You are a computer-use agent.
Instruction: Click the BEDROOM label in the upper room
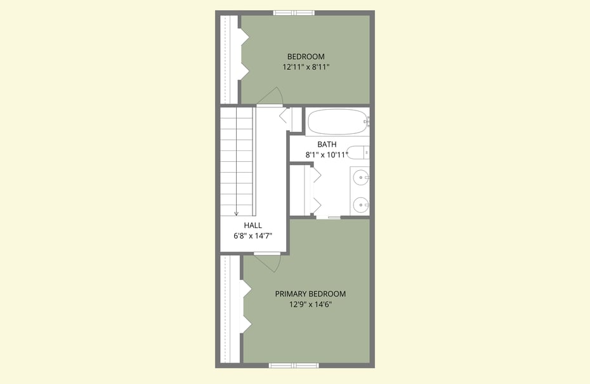tap(306, 56)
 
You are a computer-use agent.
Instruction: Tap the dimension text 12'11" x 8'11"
tap(306, 67)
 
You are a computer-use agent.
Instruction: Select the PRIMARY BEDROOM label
tap(310, 294)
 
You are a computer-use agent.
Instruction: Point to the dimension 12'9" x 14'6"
tap(310, 304)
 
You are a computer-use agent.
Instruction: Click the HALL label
tap(253, 225)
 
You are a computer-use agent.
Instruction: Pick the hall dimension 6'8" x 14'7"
tap(253, 235)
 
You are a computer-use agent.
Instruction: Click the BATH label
tap(327, 144)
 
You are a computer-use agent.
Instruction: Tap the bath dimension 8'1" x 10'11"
tap(327, 154)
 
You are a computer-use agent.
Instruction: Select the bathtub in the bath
tap(338, 122)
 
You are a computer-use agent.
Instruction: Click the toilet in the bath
tap(358, 153)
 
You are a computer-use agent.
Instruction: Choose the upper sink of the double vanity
tap(361, 177)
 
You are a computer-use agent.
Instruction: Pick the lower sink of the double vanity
tap(361, 205)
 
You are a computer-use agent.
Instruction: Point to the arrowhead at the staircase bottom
tap(236, 213)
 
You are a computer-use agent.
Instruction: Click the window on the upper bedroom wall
tap(294, 13)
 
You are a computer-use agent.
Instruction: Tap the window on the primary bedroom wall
tap(294, 365)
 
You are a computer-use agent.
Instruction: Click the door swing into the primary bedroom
tap(267, 262)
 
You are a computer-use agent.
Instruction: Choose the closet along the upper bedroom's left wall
tap(229, 60)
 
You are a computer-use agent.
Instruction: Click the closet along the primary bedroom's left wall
tap(230, 310)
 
